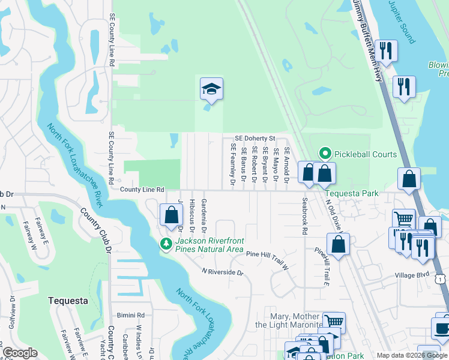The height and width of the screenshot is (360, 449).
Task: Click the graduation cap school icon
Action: (x=211, y=89)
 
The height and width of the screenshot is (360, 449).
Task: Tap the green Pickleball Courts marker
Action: (x=325, y=154)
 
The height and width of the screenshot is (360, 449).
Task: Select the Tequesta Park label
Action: (x=352, y=193)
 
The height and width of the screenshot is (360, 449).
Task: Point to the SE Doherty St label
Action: (x=255, y=138)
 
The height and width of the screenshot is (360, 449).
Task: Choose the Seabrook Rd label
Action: (x=304, y=217)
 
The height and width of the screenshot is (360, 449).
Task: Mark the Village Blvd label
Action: (x=412, y=275)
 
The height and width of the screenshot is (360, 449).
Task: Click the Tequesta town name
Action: (x=68, y=301)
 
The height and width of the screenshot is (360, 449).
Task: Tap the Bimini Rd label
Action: (x=131, y=314)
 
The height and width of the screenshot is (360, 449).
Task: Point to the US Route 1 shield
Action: (x=441, y=279)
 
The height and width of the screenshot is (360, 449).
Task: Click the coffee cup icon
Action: (x=442, y=329)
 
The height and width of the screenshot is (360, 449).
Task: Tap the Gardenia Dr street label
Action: (x=203, y=216)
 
